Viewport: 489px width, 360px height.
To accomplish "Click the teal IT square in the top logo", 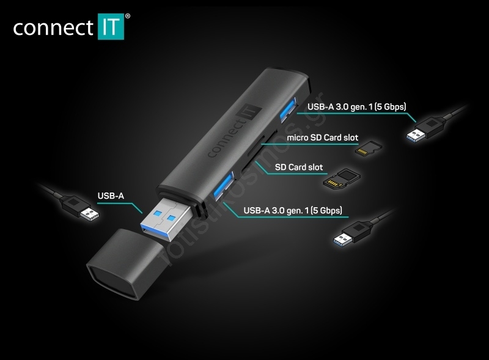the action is pyautogui.click(x=111, y=26).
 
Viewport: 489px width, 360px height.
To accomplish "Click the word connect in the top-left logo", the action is pyautogui.click(x=53, y=28).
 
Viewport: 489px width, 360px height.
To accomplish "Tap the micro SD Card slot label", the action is pyautogui.click(x=323, y=138).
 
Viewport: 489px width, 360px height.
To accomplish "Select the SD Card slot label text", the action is pyautogui.click(x=299, y=167).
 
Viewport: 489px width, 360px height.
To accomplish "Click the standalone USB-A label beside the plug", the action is pyautogui.click(x=111, y=196).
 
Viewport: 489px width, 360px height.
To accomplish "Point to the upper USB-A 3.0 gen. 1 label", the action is pyautogui.click(x=357, y=107).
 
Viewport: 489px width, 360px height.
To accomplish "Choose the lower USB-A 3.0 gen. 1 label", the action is pyautogui.click(x=293, y=210).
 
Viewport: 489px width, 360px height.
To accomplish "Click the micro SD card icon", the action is pyautogui.click(x=369, y=149).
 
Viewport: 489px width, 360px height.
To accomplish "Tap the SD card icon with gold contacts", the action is pyautogui.click(x=342, y=178).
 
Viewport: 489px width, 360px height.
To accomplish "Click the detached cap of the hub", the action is pyautogui.click(x=125, y=264).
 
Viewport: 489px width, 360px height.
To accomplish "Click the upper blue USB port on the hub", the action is pyautogui.click(x=287, y=111).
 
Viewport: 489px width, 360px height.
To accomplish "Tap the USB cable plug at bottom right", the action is pyautogui.click(x=352, y=233).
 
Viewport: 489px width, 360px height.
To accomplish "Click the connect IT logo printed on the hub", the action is pyautogui.click(x=235, y=130).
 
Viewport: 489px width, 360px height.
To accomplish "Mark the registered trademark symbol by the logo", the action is pyautogui.click(x=128, y=17).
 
